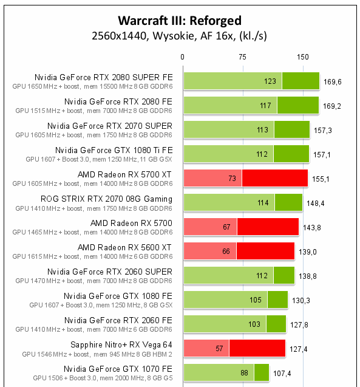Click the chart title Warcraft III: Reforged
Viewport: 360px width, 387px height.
click(179, 20)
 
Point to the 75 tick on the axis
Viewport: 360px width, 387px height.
click(242, 57)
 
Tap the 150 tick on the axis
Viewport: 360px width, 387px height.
click(302, 57)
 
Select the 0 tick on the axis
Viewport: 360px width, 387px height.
click(183, 57)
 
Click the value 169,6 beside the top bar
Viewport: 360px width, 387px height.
click(332, 81)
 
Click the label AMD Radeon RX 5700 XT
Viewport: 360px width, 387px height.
click(125, 174)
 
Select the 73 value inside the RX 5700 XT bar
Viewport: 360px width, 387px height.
click(232, 178)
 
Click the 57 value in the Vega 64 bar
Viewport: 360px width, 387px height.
click(219, 348)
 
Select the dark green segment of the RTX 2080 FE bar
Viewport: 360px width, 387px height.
click(297, 105)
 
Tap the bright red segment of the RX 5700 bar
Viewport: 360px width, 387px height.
click(268, 227)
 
